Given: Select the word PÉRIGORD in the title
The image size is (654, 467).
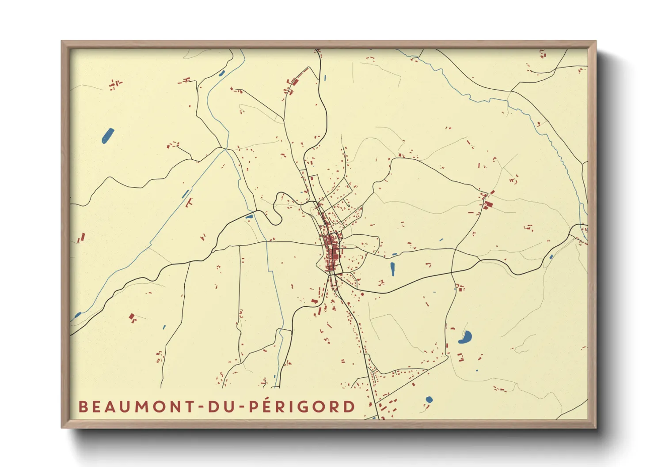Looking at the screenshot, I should coord(302,406).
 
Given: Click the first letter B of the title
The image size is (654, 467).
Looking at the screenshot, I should coord(83,407).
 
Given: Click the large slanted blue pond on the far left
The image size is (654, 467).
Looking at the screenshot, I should coord(107,136).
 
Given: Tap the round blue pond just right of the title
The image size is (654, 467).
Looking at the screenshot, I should coord(429,400).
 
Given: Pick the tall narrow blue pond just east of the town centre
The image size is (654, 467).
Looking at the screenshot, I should coord(392,268).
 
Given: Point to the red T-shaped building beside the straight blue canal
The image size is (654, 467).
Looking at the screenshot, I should coord(190,203).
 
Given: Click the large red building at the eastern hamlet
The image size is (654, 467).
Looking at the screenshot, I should coord(489,204).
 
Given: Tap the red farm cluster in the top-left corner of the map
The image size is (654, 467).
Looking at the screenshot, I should coord(115,84).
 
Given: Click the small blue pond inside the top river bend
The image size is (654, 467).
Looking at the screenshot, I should coord(222,73).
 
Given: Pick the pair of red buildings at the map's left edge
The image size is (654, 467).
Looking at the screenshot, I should coord(81,238).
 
